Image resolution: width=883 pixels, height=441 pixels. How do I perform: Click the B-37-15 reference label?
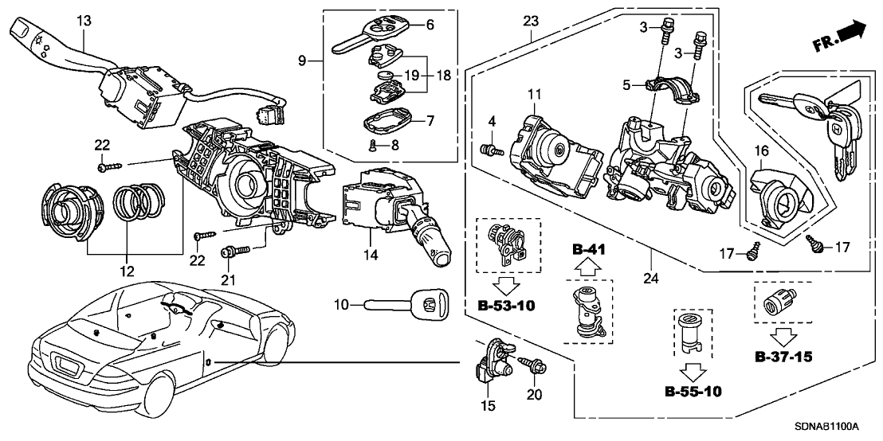click(784, 357)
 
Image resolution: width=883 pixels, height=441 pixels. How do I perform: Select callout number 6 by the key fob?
click(430, 25)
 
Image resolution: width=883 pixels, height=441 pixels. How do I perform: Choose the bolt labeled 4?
click(489, 149)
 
